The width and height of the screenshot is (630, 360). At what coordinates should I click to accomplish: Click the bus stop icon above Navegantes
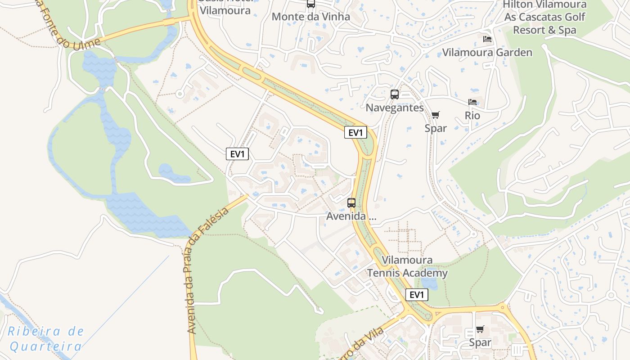pos(395,94)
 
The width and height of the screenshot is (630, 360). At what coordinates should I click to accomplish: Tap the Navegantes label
pos(395,108)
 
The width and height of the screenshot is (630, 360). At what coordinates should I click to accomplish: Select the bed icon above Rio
pos(472,103)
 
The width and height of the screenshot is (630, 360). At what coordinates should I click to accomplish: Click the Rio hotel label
pos(472,116)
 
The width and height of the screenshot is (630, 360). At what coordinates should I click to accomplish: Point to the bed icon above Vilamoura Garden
pos(487,40)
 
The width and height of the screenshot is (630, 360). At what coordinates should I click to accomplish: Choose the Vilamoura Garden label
pos(487,52)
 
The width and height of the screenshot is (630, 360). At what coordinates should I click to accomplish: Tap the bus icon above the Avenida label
pos(351,203)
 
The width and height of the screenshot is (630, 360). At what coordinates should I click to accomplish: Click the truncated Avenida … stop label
pos(351,216)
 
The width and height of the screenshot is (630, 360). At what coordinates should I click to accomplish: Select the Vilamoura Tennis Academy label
pos(407,266)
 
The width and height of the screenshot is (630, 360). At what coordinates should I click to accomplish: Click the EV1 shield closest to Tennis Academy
pos(417,295)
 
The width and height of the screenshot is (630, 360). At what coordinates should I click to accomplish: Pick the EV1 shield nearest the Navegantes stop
pos(355,132)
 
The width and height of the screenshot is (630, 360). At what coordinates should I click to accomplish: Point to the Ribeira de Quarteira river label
pos(46,339)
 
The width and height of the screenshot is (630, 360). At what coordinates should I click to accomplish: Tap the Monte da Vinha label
pos(311,17)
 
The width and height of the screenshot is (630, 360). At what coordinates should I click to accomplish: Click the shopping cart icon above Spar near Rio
pos(435,115)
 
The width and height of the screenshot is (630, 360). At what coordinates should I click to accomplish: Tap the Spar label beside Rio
pos(436,128)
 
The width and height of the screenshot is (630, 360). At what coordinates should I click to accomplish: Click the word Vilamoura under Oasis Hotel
pos(225,10)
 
